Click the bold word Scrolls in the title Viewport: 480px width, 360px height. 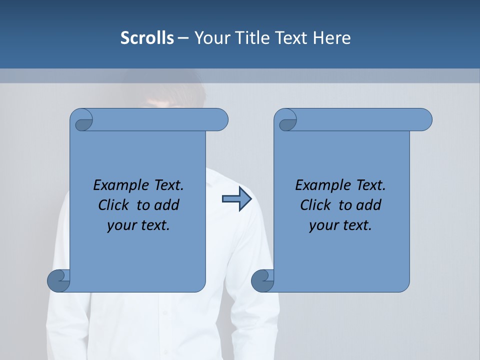pos(147,38)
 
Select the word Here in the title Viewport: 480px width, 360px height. pos(332,38)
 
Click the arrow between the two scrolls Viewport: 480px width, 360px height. pos(237,199)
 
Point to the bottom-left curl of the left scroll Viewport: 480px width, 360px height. pos(59,280)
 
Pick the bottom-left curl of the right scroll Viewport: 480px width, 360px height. pos(262,280)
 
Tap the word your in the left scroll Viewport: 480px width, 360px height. pos(120,225)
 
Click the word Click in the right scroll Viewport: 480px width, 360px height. pos(315,205)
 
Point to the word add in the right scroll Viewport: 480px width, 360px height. pos(369,205)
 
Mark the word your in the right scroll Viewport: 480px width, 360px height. pos(322,225)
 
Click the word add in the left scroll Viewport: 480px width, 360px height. pos(166,205)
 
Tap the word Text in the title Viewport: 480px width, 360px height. pos(290,38)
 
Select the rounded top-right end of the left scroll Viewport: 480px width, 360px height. pos(220,120)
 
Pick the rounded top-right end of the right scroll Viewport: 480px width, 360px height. pos(424,120)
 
